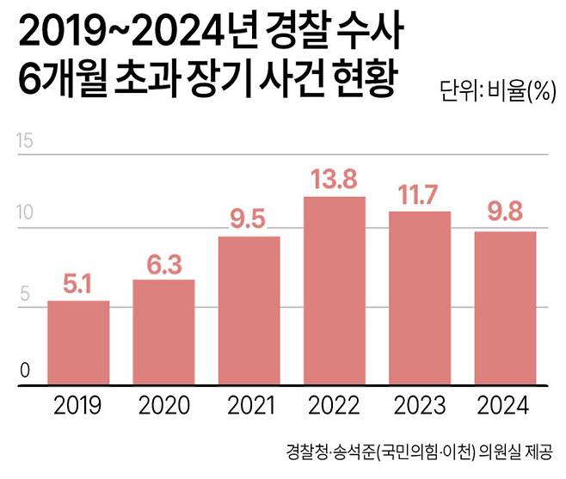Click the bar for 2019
[78, 343]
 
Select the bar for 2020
[163, 333]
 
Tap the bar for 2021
[249, 311]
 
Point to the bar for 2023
[420, 298]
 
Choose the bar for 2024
[505, 309]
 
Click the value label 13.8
[335, 181]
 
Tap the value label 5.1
[78, 285]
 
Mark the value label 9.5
[249, 220]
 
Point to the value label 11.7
[420, 196]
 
